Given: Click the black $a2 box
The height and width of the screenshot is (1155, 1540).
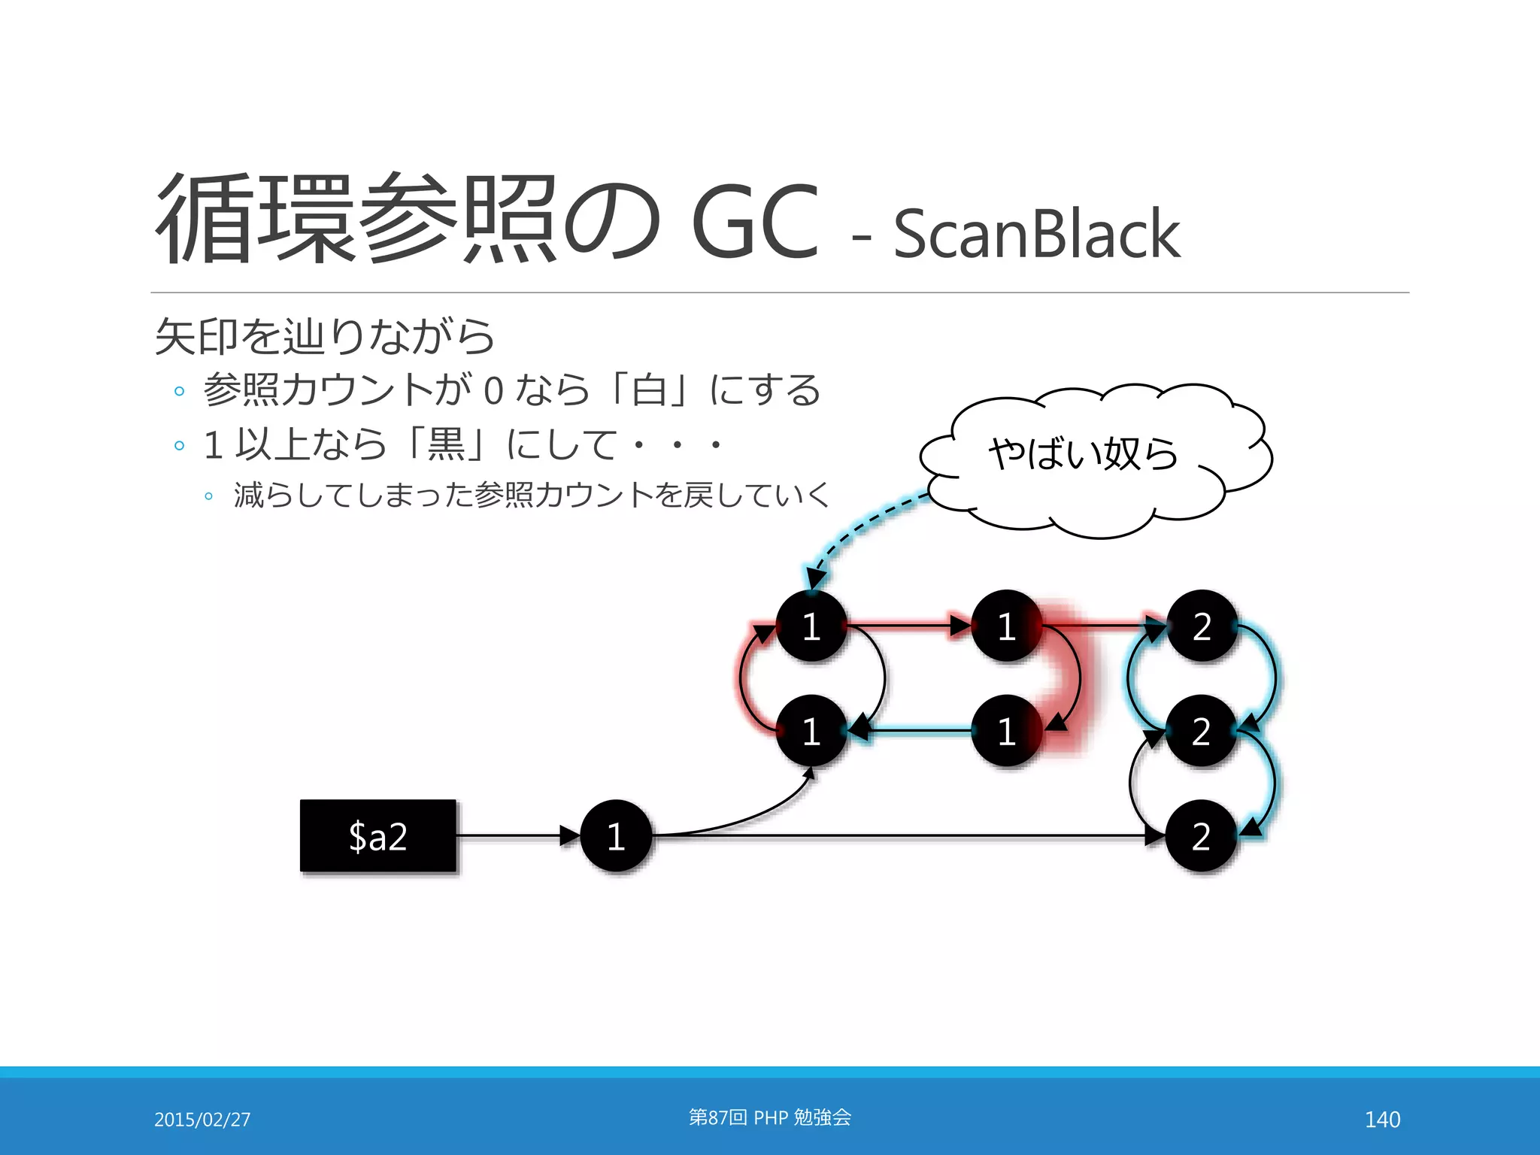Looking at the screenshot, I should (x=378, y=835).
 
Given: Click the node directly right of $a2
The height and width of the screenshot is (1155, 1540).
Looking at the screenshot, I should (x=616, y=835).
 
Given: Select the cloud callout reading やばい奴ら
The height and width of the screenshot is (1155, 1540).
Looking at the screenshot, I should (x=1090, y=459).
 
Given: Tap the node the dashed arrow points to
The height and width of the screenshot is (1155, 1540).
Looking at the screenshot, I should (x=811, y=626).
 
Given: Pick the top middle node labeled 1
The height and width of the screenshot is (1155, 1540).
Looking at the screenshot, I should (x=1006, y=626).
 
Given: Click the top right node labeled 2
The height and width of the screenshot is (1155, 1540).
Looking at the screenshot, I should (x=1202, y=626).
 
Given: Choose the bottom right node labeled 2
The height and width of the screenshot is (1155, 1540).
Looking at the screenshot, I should (x=1202, y=835).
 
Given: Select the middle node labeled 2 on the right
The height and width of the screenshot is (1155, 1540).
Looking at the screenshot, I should (x=1202, y=731).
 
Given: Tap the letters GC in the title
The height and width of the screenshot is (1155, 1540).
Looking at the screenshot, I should (x=754, y=222).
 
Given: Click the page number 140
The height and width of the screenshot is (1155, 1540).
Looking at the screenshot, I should (x=1382, y=1120).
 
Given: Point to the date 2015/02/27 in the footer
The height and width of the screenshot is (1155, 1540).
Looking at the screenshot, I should (x=202, y=1120).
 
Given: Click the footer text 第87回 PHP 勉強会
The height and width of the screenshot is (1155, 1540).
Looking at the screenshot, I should (x=770, y=1117).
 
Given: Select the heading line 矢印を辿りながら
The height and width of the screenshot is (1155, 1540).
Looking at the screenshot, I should (x=325, y=336).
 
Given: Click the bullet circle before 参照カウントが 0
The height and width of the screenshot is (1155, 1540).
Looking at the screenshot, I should (x=179, y=391).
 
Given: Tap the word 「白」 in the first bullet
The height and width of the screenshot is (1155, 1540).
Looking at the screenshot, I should (x=648, y=390).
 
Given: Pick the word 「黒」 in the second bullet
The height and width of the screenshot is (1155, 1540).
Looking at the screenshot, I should (x=446, y=444).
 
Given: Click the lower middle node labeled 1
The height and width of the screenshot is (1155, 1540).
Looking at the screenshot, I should (x=1006, y=731).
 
